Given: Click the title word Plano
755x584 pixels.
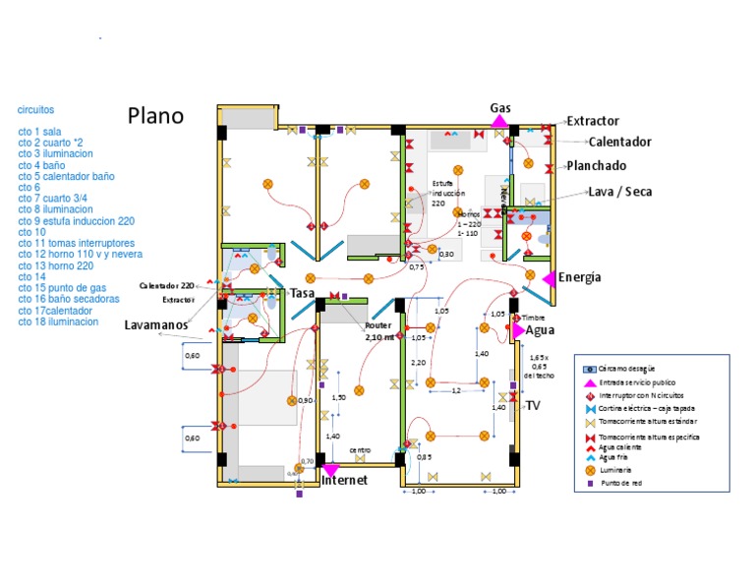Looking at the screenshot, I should tap(155, 115).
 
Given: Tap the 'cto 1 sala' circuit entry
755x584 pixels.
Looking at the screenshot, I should tap(39, 131).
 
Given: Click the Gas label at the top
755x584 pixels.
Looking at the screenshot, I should tap(500, 107).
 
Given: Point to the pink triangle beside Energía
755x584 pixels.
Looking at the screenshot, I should tap(549, 278).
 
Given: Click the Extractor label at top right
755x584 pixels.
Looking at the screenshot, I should tap(593, 121).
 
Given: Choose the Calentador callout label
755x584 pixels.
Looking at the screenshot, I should tap(620, 143).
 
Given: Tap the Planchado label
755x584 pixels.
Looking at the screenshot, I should tap(597, 166).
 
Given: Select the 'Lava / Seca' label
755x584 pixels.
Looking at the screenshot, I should tap(620, 192).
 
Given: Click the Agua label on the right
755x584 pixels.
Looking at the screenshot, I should tap(541, 330).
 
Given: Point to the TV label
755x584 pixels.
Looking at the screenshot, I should tap(533, 405).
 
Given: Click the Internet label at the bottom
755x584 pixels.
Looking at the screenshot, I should tap(344, 481).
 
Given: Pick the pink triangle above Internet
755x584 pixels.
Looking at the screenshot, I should tap(330, 469).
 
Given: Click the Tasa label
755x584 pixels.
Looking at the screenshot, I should tap(302, 293).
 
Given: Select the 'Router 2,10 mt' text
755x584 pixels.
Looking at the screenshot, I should tap(379, 330).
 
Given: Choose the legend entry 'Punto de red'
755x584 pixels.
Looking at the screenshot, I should tap(621, 484).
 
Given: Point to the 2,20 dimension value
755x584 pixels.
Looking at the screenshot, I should tap(418, 363).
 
